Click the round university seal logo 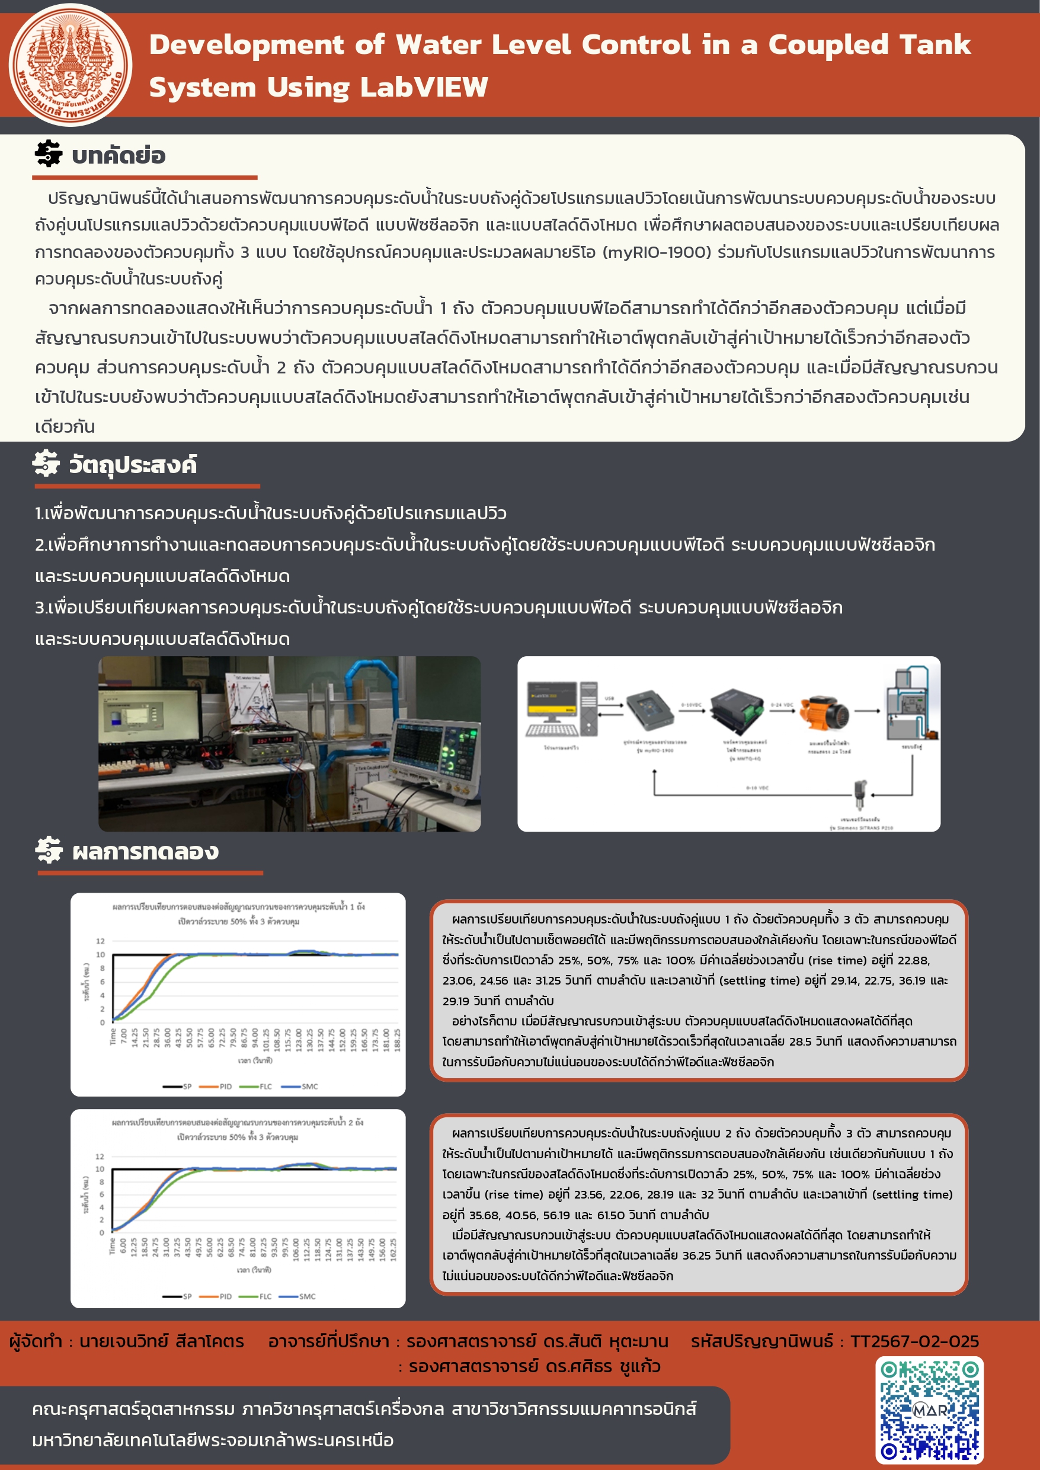(x=70, y=65)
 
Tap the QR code (x=929, y=1411)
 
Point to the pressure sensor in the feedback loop (x=860, y=794)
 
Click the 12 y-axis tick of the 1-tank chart (x=100, y=941)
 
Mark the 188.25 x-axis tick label (x=397, y=1040)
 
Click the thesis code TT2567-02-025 (x=914, y=1341)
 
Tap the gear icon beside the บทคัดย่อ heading (x=49, y=154)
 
